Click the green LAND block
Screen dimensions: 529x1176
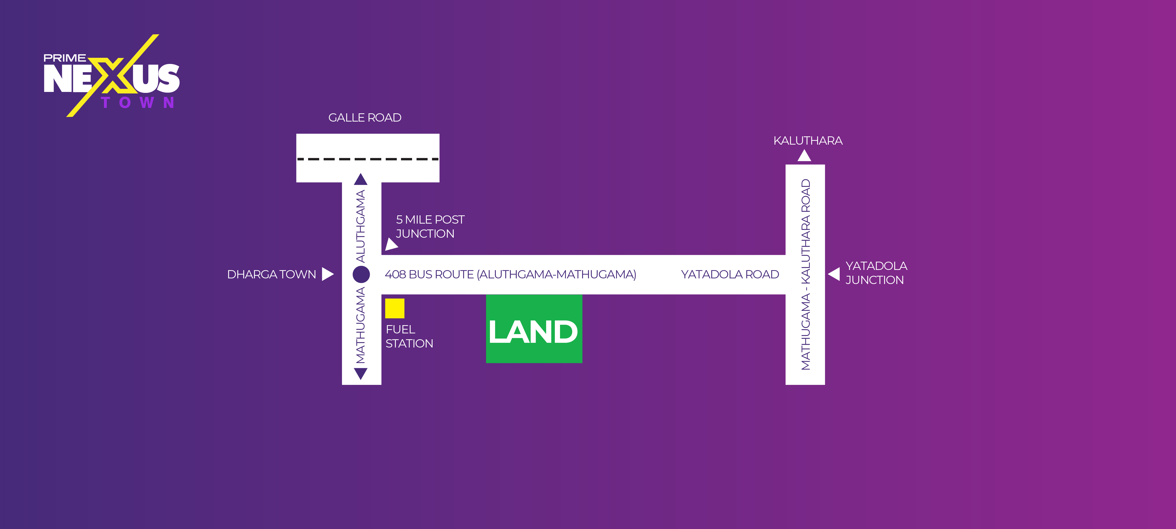click(534, 329)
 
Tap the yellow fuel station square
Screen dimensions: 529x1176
click(394, 308)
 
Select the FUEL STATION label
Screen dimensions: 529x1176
click(409, 336)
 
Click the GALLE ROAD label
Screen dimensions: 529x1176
click(365, 118)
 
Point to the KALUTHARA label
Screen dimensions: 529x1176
click(808, 141)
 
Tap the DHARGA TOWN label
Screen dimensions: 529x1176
click(272, 274)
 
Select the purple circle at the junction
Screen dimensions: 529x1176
click(361, 274)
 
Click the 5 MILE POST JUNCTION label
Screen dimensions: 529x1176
click(429, 226)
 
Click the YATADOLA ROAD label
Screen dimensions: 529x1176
click(730, 274)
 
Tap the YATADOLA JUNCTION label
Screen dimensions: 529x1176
click(876, 273)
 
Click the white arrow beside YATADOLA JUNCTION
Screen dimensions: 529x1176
click(834, 274)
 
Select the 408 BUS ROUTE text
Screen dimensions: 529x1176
click(510, 274)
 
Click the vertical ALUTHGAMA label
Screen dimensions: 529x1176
click(361, 226)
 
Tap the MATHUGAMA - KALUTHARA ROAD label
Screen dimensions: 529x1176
click(805, 274)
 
